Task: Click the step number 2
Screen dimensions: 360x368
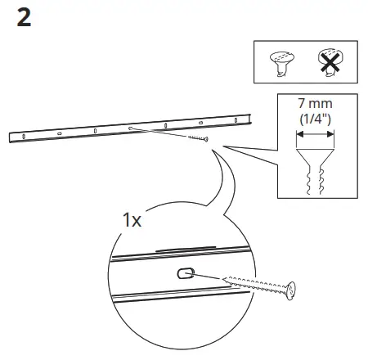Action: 24,19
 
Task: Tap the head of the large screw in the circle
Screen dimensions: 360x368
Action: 289,290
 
